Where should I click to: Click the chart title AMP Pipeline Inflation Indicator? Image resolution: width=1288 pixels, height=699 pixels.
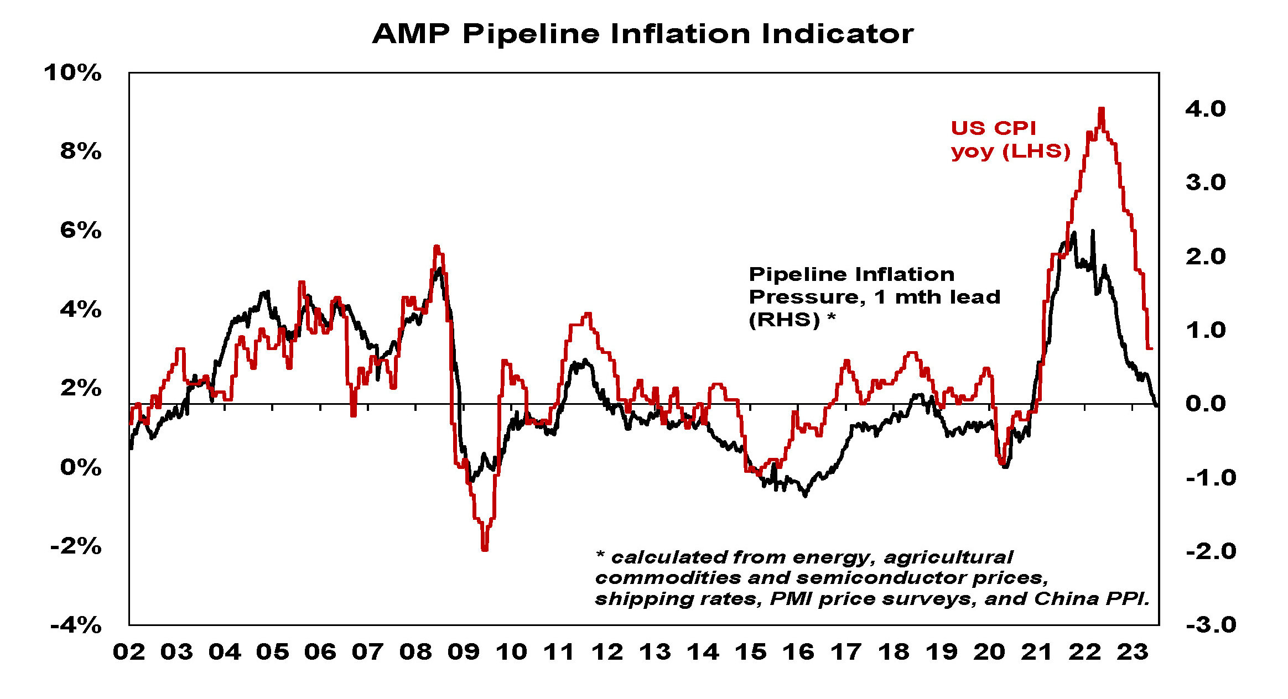coord(643,34)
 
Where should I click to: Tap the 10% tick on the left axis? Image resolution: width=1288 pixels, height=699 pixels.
coord(73,73)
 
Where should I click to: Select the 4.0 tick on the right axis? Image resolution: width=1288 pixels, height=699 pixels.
coord(1205,109)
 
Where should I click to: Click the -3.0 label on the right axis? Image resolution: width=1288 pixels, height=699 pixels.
coord(1211,625)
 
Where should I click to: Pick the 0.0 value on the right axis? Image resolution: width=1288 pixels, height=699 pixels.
coord(1205,404)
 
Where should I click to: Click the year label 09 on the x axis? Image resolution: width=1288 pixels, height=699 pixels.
coord(463,653)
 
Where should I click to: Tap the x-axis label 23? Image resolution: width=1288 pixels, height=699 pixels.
coord(1132,653)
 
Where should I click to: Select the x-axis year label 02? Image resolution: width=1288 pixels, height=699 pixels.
coord(129,653)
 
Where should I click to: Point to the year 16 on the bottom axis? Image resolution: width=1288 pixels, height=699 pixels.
coord(798,653)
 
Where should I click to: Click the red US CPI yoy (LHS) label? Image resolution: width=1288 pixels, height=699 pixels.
coord(1010,139)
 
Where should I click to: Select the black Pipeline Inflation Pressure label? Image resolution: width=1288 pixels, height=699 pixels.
coord(874,297)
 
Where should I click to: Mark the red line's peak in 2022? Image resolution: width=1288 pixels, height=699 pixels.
coord(1101,109)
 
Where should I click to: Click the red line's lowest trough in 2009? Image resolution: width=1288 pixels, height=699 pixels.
coord(485,549)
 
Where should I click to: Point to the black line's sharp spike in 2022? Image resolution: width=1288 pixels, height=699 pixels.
coord(1092,231)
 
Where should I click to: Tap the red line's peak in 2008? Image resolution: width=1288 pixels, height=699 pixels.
coord(437,247)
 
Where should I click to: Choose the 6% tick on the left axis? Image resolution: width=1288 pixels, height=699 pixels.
coord(81,231)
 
